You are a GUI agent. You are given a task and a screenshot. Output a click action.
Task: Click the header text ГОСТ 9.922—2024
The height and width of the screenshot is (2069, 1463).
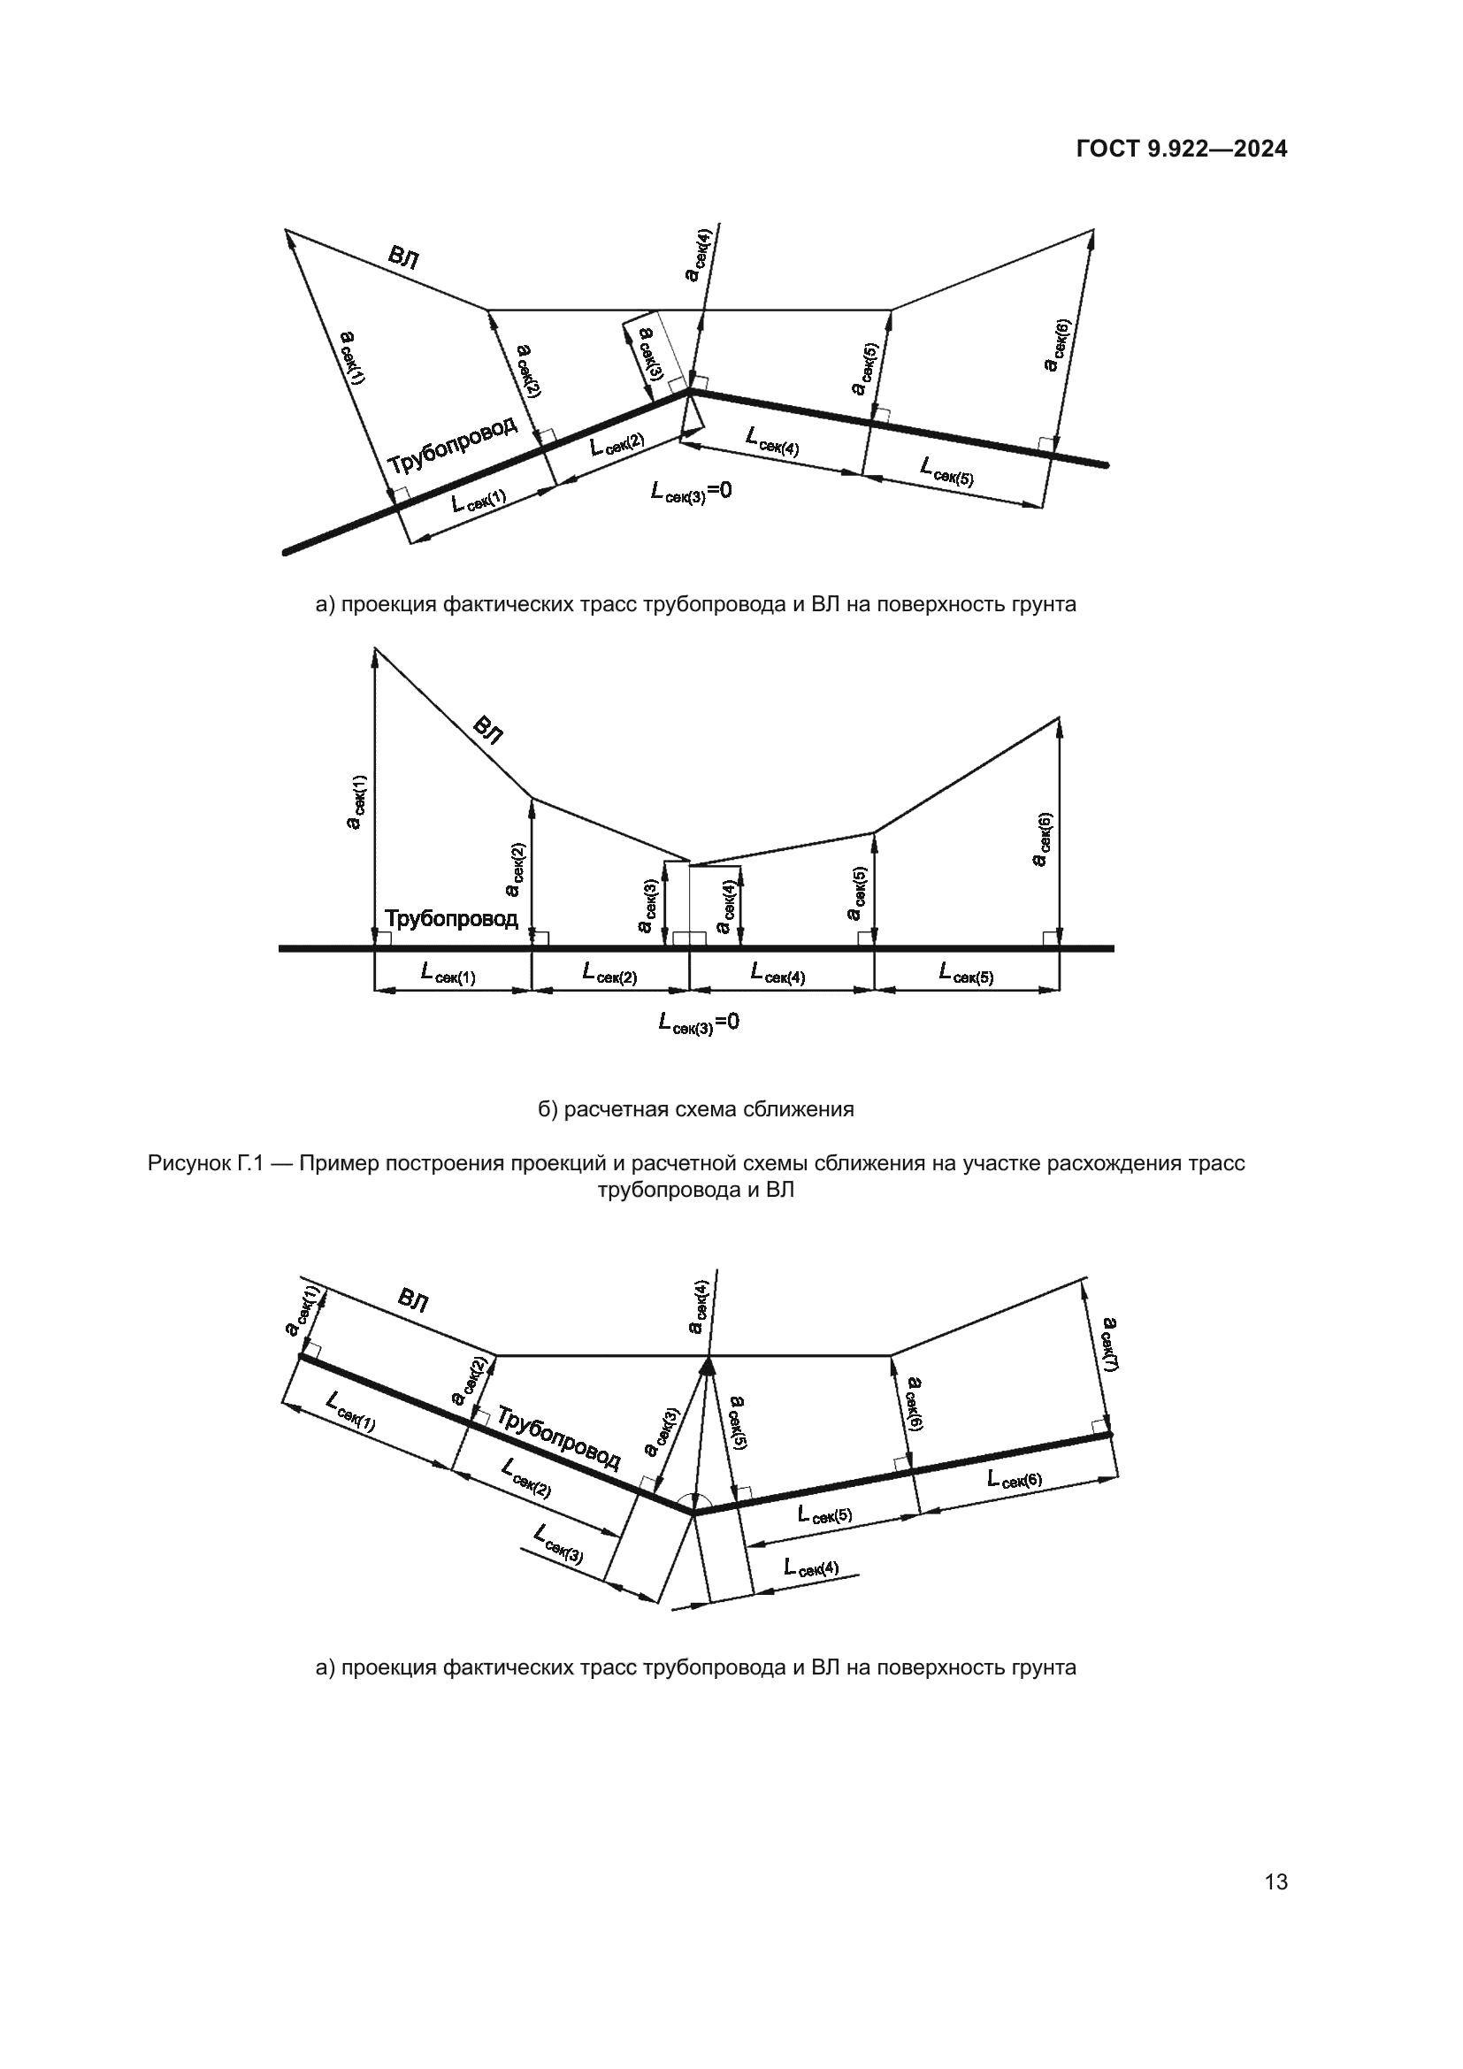(1181, 149)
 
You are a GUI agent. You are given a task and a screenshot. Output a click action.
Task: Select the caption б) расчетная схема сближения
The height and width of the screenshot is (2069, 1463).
(695, 1109)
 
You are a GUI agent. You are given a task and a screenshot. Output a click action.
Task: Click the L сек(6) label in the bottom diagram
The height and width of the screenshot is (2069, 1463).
(1015, 1480)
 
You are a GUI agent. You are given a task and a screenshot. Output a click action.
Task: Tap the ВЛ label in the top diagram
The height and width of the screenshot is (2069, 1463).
(402, 258)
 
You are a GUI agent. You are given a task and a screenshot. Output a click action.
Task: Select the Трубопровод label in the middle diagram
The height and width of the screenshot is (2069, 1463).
(451, 918)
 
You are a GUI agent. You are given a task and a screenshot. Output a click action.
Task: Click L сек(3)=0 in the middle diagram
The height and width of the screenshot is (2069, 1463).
(698, 1023)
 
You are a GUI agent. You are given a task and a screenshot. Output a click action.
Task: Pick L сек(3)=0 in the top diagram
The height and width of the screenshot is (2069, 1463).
(691, 492)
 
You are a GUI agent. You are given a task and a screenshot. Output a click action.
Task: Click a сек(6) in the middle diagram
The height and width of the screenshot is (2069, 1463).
(1042, 839)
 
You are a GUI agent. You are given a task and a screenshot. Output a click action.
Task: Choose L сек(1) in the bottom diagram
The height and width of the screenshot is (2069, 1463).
(350, 1412)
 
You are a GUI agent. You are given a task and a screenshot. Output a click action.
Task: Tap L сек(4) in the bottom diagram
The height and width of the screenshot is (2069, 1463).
(811, 1567)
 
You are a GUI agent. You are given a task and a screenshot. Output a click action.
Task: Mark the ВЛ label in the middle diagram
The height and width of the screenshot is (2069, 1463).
(488, 729)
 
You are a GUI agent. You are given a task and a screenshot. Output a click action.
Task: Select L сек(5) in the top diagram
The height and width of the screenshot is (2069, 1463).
(946, 471)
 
